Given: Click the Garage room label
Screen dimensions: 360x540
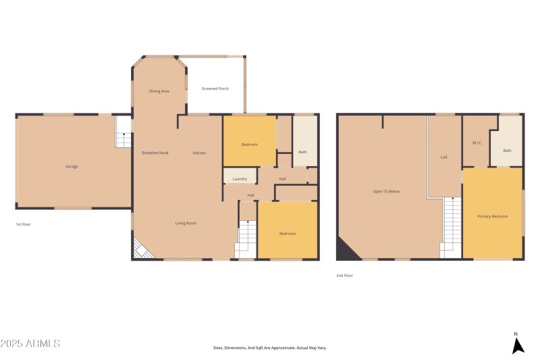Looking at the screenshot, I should click(x=72, y=166).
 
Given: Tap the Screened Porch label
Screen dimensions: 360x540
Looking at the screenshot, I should click(x=215, y=88).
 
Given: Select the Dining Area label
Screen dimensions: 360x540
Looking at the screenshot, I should click(x=159, y=91).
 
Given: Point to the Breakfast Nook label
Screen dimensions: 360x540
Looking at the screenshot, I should click(x=155, y=153).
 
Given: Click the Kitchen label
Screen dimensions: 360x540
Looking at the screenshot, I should click(x=199, y=153).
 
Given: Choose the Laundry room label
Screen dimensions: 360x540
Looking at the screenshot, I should click(x=240, y=179).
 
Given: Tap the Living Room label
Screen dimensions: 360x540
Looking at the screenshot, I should click(x=186, y=223).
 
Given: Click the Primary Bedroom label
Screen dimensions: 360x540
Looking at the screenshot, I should click(x=492, y=216).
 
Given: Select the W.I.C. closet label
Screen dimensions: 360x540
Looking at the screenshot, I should click(x=476, y=143).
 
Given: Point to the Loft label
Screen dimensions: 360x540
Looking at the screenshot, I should click(x=443, y=157).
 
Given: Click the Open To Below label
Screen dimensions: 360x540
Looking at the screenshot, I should click(x=386, y=191).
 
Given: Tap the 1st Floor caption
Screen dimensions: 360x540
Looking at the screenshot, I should click(x=23, y=224).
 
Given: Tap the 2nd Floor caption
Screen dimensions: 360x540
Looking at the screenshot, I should click(x=344, y=276).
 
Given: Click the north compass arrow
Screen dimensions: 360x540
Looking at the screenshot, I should click(x=517, y=345).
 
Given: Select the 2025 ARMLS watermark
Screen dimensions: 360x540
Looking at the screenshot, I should click(x=30, y=344).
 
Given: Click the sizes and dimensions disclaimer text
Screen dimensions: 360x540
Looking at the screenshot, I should click(x=269, y=347).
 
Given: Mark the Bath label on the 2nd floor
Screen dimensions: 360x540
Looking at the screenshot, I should click(x=507, y=151).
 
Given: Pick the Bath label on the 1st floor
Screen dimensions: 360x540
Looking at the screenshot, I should click(x=303, y=152).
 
